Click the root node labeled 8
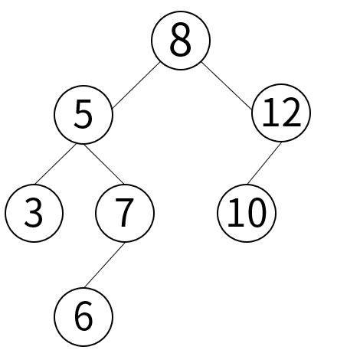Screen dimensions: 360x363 tap(181, 41)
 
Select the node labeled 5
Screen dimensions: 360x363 tap(83, 115)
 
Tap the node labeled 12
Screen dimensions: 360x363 tap(281, 113)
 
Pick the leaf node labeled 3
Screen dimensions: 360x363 tap(34, 213)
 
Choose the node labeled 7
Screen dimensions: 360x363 tap(125, 213)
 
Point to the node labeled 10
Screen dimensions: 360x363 tap(247, 213)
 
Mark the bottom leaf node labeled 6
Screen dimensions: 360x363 tap(83, 317)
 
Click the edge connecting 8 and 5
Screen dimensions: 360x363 tap(136, 85)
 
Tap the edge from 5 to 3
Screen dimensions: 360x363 tap(55, 164)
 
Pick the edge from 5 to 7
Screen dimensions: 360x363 tap(104, 164)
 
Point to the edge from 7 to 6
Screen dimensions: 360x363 tap(105, 265)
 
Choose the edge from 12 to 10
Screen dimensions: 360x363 tap(264, 163)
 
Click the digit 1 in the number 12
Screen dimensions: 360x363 tap(270, 113)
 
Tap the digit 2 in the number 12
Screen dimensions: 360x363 tap(291, 113)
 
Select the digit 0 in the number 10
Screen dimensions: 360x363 tap(257, 212)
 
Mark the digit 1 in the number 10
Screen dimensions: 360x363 tap(235, 212)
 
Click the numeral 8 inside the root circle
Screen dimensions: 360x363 tap(181, 39)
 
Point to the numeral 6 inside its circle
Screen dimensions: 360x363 tap(83, 316)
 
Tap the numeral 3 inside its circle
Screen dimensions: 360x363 tap(34, 212)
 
